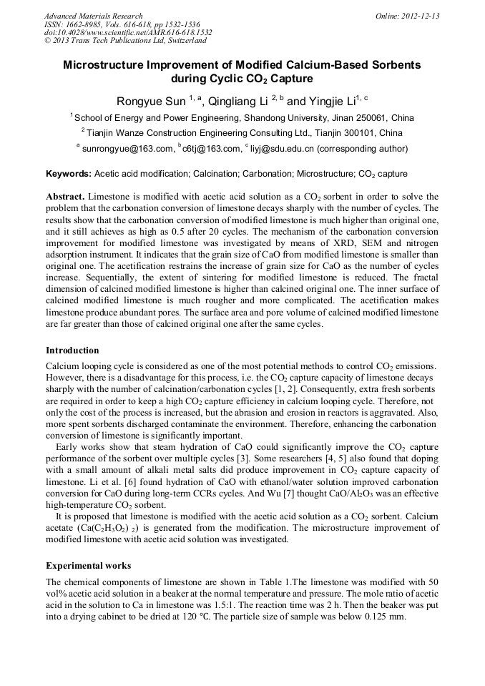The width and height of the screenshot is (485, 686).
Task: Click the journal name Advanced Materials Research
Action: pyautogui.click(x=93, y=16)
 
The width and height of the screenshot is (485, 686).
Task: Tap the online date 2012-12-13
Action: pyautogui.click(x=421, y=16)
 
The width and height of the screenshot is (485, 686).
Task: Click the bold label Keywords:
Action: pyautogui.click(x=69, y=174)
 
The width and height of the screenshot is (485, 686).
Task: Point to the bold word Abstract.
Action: pyautogui.click(x=65, y=196)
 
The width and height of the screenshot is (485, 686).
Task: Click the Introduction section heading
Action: pyautogui.click(x=72, y=351)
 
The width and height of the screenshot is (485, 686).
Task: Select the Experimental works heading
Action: pyautogui.click(x=88, y=566)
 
